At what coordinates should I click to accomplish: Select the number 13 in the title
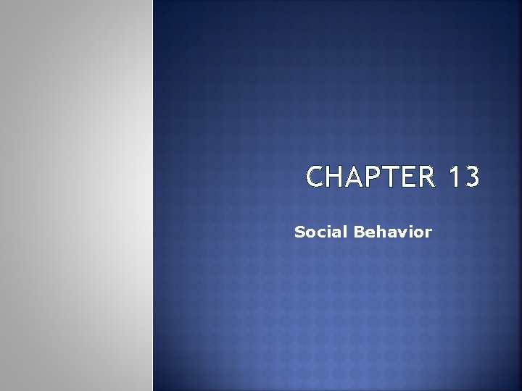point(463,177)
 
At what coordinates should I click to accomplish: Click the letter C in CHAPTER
point(316,177)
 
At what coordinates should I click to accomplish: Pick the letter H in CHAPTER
point(336,177)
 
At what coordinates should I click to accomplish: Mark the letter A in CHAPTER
point(355,177)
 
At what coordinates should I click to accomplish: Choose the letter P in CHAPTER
point(373,177)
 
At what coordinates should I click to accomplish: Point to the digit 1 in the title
point(453,177)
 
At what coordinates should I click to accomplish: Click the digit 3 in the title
point(471,177)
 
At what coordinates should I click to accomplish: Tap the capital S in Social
point(299,232)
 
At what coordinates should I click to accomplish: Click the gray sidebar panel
point(76,195)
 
